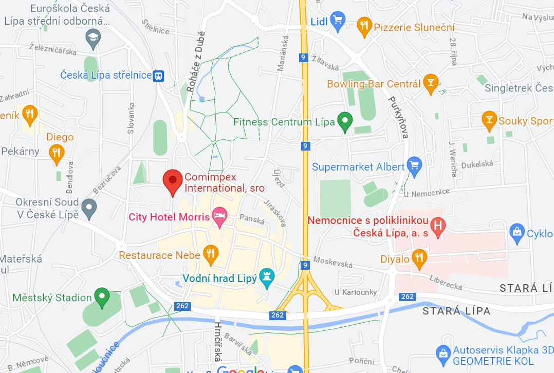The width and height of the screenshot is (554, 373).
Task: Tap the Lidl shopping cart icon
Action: pyautogui.click(x=337, y=21)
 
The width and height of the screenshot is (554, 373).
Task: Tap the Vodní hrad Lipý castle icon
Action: pyautogui.click(x=266, y=277)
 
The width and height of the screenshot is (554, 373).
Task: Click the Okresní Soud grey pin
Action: pyautogui.click(x=89, y=208)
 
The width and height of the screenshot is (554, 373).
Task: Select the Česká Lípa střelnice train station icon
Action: pyautogui.click(x=159, y=76)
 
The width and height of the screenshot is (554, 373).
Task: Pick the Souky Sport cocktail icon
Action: pyautogui.click(x=489, y=120)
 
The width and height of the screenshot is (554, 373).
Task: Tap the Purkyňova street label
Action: pyautogui.click(x=398, y=118)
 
